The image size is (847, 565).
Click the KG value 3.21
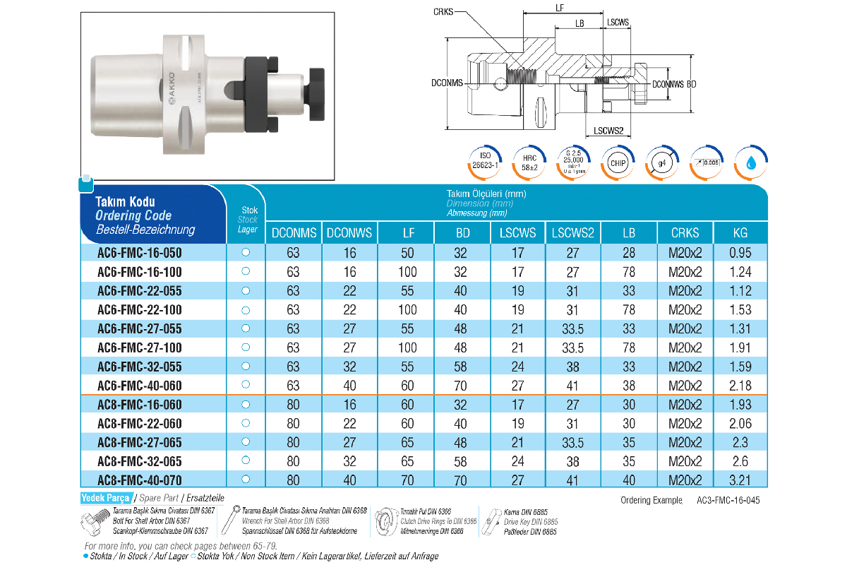pyautogui.click(x=740, y=480)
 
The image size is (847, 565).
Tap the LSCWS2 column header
pyautogui.click(x=572, y=233)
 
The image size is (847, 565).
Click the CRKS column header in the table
pyautogui.click(x=685, y=233)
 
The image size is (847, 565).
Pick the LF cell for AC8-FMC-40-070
pyautogui.click(x=407, y=480)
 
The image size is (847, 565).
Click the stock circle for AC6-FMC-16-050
pyautogui.click(x=246, y=252)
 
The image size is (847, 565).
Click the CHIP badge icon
pyautogui.click(x=618, y=163)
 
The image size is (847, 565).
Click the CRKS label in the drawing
pyautogui.click(x=443, y=12)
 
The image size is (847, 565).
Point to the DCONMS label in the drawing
pyautogui.click(x=447, y=83)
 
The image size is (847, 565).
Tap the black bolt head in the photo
pyautogui.click(x=315, y=93)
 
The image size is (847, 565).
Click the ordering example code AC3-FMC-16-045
pyautogui.click(x=729, y=500)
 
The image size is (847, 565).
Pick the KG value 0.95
pyautogui.click(x=740, y=253)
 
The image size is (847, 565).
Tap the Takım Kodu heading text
pyautogui.click(x=125, y=202)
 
